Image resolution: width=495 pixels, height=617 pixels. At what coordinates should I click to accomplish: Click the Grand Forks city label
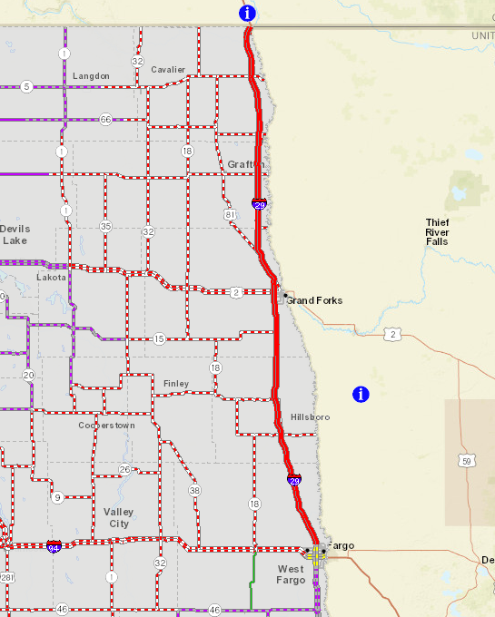(314, 300)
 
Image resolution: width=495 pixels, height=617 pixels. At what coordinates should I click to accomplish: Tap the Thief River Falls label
(437, 231)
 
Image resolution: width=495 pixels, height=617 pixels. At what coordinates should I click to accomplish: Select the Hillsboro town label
(310, 416)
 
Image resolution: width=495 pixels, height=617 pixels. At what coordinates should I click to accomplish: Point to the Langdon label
(91, 75)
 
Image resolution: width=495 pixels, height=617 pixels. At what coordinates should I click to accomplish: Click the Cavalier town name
(168, 70)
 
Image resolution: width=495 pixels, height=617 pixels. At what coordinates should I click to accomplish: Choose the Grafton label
(245, 164)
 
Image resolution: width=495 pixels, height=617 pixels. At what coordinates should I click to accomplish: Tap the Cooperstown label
(106, 425)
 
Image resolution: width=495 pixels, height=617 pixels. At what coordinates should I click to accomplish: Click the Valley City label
(118, 518)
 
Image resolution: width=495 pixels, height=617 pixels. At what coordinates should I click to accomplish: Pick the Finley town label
(176, 384)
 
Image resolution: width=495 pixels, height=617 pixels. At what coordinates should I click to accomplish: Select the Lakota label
(52, 277)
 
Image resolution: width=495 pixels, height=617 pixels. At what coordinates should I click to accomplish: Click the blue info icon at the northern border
(247, 14)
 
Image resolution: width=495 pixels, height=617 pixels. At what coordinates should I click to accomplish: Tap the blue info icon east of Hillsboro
(361, 394)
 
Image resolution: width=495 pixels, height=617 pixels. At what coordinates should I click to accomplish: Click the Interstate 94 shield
(54, 546)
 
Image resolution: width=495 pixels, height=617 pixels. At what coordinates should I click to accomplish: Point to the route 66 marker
(106, 119)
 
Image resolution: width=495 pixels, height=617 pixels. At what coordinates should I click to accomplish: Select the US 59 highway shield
(466, 461)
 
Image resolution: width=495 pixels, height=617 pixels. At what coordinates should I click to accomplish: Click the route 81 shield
(231, 214)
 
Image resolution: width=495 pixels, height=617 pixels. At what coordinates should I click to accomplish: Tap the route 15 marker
(159, 338)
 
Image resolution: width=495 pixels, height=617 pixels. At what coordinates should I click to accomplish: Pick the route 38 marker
(194, 490)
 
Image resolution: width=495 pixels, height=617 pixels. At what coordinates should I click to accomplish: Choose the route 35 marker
(106, 226)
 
